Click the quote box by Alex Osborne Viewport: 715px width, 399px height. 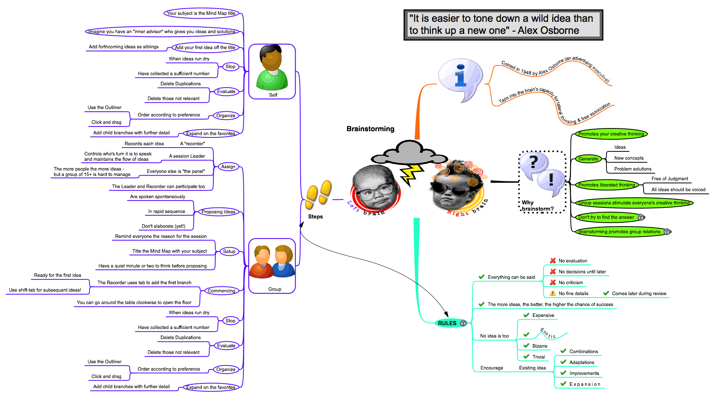click(x=503, y=25)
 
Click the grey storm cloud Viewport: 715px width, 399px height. click(x=404, y=153)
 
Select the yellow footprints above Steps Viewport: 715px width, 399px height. click(x=318, y=194)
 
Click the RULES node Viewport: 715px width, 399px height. click(x=447, y=323)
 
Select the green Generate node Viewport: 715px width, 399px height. click(x=588, y=159)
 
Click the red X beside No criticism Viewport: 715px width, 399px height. click(x=553, y=283)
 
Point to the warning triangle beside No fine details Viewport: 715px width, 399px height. click(x=553, y=294)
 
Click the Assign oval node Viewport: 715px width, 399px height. click(x=228, y=167)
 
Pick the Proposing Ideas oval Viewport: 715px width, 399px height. click(x=218, y=212)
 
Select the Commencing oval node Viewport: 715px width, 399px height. click(x=221, y=291)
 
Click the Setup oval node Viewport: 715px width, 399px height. click(x=229, y=251)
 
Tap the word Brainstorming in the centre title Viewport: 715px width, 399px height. click(x=370, y=129)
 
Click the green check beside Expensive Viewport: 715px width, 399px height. click(x=527, y=315)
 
